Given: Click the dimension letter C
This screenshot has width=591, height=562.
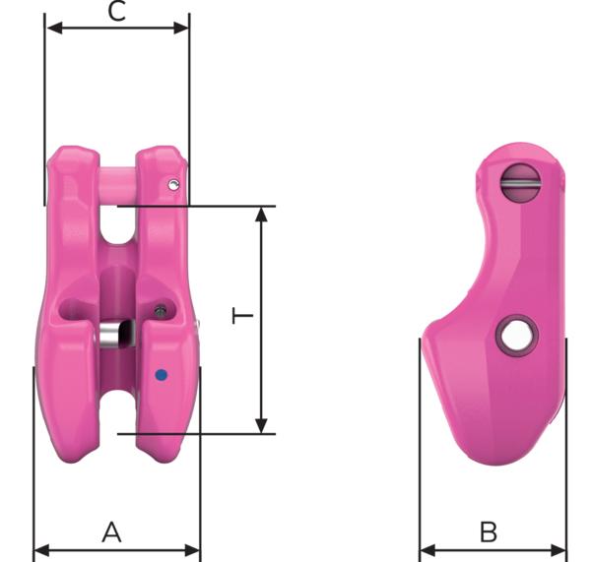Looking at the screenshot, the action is [116, 12].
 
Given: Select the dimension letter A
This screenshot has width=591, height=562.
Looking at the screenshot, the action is [112, 531].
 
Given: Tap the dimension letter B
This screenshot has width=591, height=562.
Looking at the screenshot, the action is [489, 531].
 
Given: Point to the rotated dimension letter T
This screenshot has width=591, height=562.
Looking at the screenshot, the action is [242, 316].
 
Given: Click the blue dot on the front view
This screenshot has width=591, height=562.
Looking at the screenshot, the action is [162, 375].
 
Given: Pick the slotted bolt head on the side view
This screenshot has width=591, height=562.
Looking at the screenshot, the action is [520, 182].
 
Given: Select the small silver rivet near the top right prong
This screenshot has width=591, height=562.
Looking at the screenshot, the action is [173, 185].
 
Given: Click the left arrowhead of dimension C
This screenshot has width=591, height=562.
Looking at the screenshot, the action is [54, 28].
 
